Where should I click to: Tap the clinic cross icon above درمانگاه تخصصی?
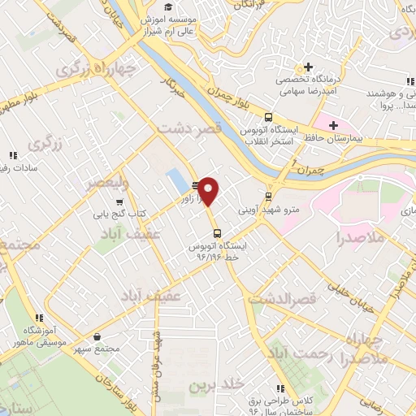(308, 67)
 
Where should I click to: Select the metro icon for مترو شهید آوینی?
(269, 196)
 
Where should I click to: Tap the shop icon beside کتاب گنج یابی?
(119, 202)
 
